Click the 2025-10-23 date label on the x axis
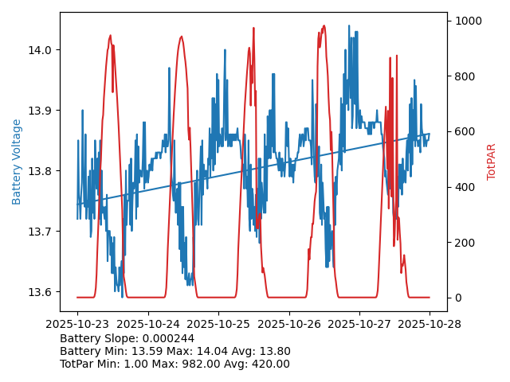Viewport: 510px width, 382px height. point(77,324)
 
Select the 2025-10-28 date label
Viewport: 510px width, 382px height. point(430,324)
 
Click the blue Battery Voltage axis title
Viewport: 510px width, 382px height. point(17,162)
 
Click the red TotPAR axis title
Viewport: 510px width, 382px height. point(492,162)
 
